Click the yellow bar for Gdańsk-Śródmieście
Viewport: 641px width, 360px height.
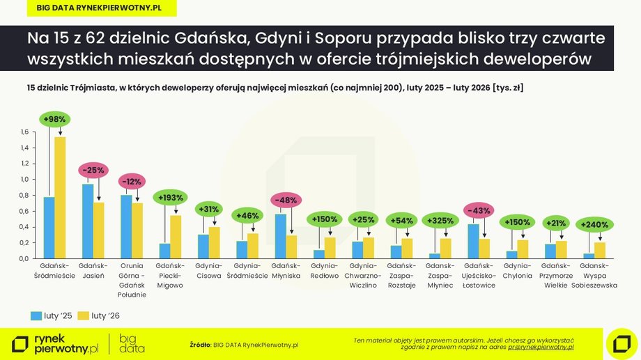pyautogui.click(x=60, y=197)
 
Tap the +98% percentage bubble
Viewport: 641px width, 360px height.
pyautogui.click(x=54, y=119)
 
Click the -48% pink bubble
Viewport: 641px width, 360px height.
pyautogui.click(x=285, y=201)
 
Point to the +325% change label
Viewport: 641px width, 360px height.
pyautogui.click(x=439, y=220)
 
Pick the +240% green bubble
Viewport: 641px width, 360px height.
pyautogui.click(x=594, y=225)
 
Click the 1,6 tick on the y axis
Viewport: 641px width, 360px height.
pyautogui.click(x=24, y=132)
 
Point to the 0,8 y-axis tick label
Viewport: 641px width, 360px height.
pyautogui.click(x=24, y=196)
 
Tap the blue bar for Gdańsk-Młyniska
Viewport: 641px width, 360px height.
pyautogui.click(x=280, y=236)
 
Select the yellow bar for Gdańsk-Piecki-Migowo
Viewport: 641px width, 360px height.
pyautogui.click(x=176, y=237)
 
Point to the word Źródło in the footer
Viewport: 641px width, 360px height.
pyautogui.click(x=200, y=344)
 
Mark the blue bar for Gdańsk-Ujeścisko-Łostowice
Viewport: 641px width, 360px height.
pyautogui.click(x=473, y=241)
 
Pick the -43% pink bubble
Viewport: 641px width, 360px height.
pyautogui.click(x=478, y=210)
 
